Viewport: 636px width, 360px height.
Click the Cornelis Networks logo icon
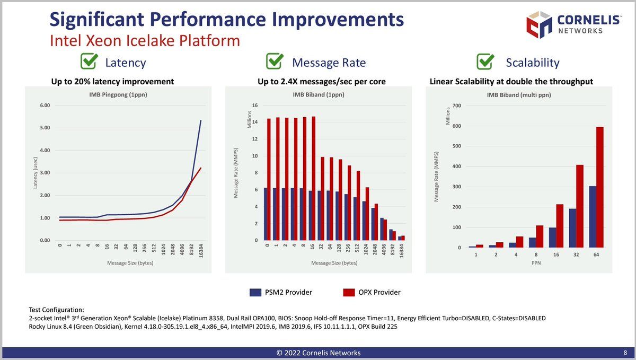coord(539,24)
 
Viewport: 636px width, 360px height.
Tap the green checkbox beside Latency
coord(89,62)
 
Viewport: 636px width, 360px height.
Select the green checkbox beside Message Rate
coord(274,62)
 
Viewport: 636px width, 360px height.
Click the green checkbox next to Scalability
coord(485,62)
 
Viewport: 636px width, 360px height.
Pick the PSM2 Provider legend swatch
coord(255,292)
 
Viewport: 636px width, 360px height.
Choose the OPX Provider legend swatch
coord(349,292)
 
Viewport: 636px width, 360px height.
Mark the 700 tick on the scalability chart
coord(457,106)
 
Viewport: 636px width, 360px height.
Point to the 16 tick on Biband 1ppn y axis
coord(255,106)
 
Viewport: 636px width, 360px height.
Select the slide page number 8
coord(625,353)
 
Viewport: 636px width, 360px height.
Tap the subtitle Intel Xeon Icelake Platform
coord(145,41)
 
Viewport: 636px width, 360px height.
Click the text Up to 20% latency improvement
coord(112,82)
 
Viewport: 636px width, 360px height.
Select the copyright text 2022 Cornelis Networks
coord(318,353)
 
